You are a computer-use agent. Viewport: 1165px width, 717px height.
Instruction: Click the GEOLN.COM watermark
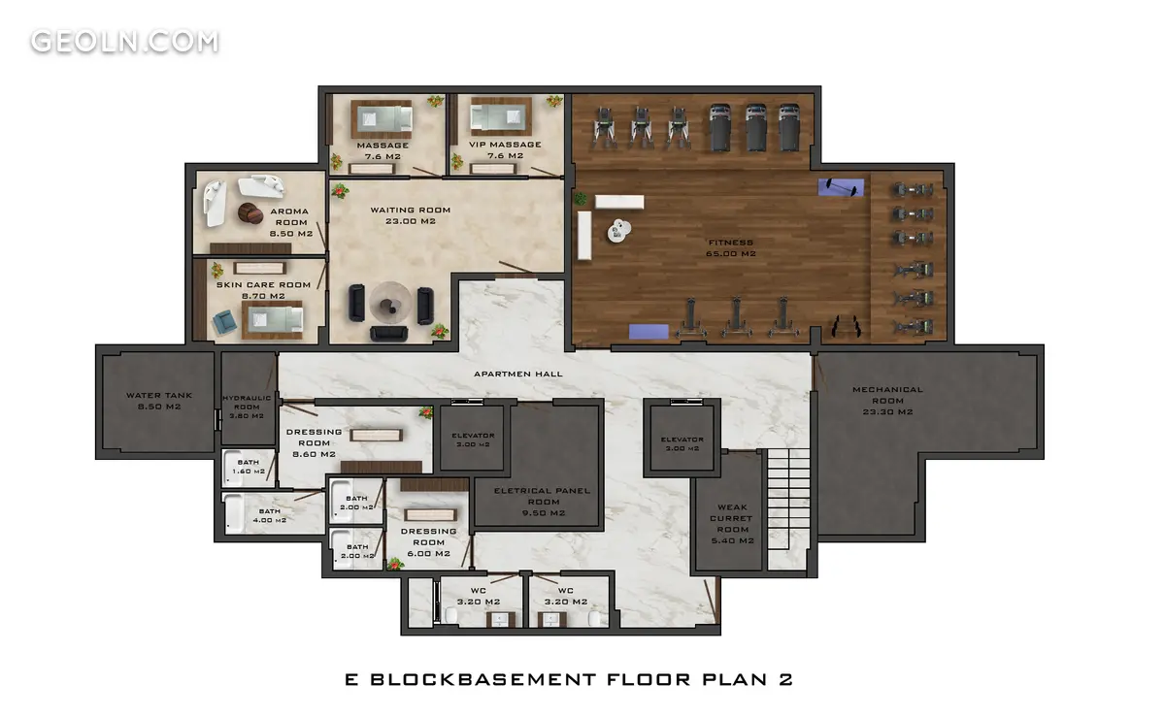click(125, 42)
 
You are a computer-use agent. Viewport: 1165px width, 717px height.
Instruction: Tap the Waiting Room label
click(411, 215)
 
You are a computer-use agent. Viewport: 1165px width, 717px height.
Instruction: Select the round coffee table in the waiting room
click(390, 303)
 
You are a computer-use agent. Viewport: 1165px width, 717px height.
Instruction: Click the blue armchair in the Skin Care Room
click(224, 322)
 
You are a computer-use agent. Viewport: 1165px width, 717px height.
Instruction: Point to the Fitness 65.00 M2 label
click(731, 248)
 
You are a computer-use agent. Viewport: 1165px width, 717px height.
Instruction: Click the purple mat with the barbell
click(841, 187)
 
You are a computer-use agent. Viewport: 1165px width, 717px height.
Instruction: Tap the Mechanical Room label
click(887, 401)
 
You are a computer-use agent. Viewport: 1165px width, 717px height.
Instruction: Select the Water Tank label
click(159, 401)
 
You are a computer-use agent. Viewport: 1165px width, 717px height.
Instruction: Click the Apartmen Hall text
click(518, 374)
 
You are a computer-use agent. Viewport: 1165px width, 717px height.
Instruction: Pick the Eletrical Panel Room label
click(542, 502)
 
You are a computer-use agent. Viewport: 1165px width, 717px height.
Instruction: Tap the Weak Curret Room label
click(732, 524)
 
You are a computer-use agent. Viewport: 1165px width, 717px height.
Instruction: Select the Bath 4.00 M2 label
click(270, 516)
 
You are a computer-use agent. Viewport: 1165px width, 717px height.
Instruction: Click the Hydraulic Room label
click(247, 407)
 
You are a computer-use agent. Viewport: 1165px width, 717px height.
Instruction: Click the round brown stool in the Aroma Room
click(250, 213)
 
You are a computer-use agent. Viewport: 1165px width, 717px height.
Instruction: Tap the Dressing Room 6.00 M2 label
click(428, 542)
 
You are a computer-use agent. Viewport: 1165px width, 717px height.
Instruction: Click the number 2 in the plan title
click(785, 679)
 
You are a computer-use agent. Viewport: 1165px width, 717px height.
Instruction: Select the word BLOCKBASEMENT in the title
click(483, 679)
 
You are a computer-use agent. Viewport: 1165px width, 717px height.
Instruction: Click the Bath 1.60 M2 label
click(249, 467)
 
